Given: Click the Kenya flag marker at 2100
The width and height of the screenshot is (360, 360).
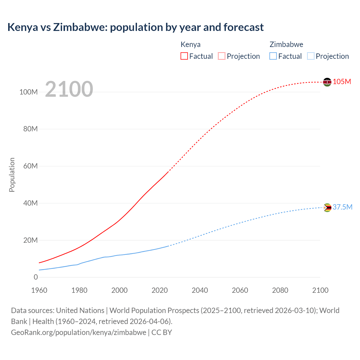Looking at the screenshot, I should [x=327, y=82].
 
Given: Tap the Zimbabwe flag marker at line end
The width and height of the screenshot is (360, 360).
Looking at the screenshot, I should [x=327, y=208].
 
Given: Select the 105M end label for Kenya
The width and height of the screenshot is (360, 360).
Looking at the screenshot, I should [x=342, y=82].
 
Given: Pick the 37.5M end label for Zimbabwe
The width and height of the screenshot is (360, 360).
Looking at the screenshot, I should [x=342, y=207].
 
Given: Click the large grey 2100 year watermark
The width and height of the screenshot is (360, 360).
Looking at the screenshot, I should [x=69, y=89].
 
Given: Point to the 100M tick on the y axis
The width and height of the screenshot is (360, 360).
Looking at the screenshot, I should [x=28, y=92].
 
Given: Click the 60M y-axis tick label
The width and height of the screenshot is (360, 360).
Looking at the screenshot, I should [x=30, y=166].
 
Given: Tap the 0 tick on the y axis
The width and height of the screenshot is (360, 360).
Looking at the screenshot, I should [x=35, y=277].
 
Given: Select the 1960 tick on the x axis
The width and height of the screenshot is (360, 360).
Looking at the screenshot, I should [x=39, y=290].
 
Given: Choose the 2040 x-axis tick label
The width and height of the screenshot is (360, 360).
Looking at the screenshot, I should [x=200, y=290].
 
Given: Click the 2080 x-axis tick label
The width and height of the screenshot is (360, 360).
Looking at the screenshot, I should [x=280, y=290].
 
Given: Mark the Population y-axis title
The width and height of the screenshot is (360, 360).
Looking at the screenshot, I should [x=12, y=175].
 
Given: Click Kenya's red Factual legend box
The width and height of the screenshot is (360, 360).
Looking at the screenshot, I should [x=184, y=56].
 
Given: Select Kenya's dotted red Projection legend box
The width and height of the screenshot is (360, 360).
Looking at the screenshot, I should [x=222, y=56].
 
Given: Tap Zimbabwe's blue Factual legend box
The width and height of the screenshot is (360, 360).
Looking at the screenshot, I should [x=273, y=56].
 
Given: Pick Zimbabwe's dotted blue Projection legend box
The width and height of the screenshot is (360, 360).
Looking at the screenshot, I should [x=310, y=56].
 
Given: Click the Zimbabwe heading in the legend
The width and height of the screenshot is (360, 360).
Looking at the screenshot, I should [x=286, y=44].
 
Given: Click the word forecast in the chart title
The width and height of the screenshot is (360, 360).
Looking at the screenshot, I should [x=244, y=27].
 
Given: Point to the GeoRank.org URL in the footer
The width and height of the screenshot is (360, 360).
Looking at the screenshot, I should [x=78, y=332].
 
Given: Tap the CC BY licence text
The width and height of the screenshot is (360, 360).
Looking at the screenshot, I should [x=162, y=332].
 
